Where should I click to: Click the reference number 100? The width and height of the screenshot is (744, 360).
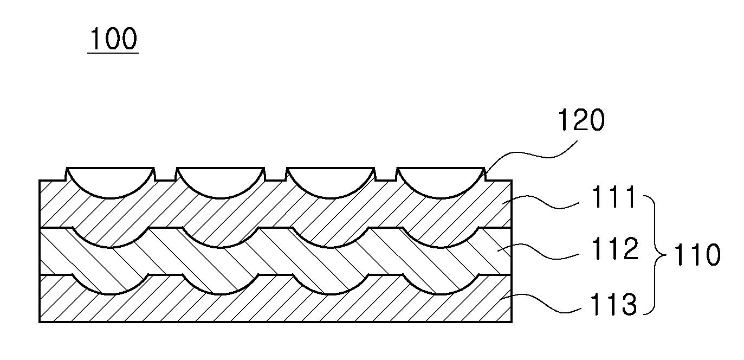pos(113,38)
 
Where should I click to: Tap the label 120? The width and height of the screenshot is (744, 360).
pos(581,120)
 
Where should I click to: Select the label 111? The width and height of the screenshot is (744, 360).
pos(613,197)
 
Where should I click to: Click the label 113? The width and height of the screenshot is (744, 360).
pos(613,304)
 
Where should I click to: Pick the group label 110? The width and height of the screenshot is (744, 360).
pos(697,254)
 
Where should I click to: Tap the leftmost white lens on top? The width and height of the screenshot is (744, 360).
pos(111,182)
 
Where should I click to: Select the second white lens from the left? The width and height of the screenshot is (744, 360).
pos(220,182)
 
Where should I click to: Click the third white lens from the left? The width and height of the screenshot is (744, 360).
pos(331,182)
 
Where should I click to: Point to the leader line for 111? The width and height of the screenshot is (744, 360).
pos(541,202)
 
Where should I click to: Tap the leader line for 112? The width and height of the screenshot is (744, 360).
pos(538,252)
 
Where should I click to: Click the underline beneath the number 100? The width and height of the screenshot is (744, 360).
pos(113,53)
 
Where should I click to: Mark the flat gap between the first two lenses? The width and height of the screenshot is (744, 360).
pos(165,180)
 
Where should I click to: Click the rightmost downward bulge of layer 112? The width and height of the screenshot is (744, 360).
pos(441,285)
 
